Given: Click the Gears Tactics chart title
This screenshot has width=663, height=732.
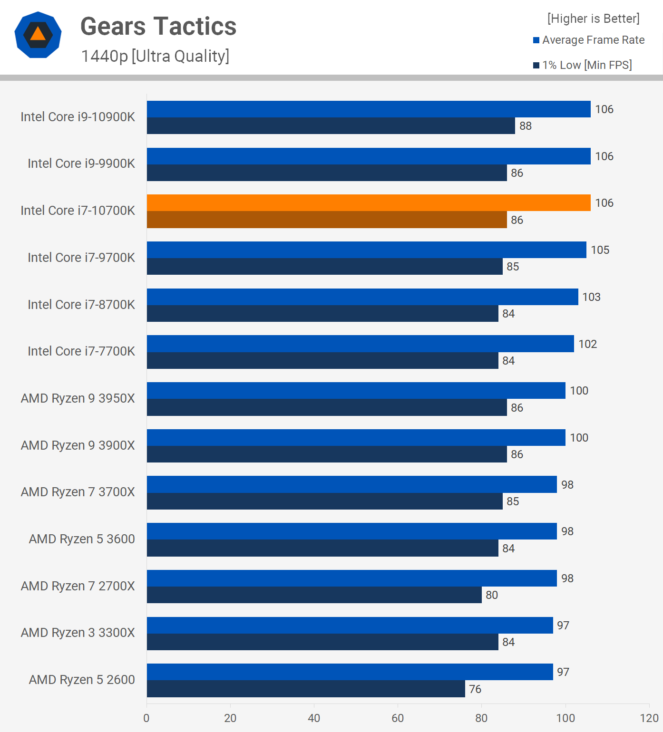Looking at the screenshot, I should (158, 27).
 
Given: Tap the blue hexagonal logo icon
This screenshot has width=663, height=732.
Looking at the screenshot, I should (38, 35).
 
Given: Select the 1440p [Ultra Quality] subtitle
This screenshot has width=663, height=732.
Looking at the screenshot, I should (155, 56).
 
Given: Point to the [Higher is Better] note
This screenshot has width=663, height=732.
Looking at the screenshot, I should (593, 19).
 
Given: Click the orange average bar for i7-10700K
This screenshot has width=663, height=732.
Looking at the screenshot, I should (369, 203).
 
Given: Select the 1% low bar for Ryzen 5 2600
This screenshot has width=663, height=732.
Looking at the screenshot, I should (306, 689).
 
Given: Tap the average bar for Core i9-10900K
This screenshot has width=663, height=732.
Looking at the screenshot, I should (369, 109).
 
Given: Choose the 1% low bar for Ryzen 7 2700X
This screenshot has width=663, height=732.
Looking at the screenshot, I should (314, 595).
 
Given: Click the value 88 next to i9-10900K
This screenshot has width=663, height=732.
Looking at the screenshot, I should (526, 126).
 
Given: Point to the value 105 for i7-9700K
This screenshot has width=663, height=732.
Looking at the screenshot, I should (600, 250).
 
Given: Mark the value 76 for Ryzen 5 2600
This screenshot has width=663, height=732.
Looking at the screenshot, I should (475, 689).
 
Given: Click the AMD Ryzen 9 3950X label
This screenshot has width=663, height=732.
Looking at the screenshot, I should (78, 398).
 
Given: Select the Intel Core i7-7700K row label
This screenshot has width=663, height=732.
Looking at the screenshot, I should (81, 351).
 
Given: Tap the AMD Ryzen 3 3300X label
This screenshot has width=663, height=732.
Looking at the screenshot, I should (78, 633).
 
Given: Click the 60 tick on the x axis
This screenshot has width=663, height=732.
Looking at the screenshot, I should (398, 718).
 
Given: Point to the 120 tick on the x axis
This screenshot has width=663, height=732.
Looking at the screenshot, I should (649, 718).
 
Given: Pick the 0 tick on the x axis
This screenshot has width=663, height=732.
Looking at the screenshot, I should (146, 718).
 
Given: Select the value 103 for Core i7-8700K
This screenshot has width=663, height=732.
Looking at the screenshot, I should (592, 297).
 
